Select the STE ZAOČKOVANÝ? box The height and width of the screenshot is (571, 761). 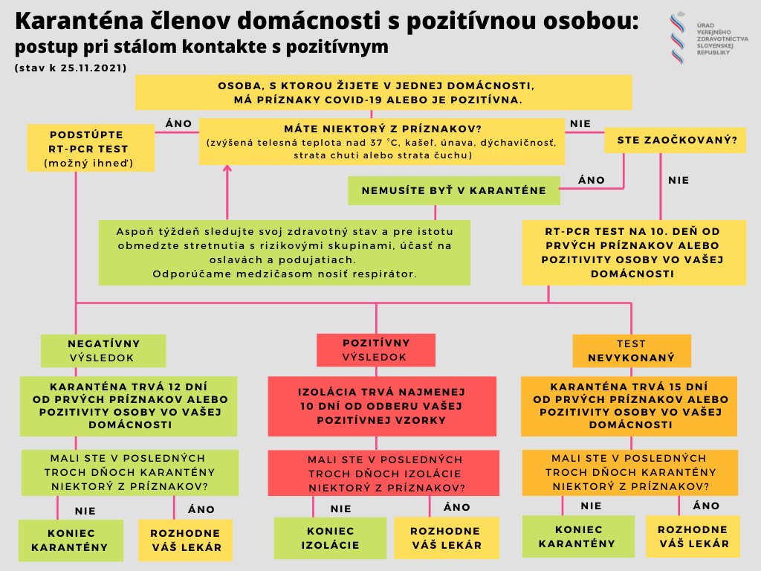tap(675, 140)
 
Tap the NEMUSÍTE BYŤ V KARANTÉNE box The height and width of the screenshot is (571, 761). tap(453, 191)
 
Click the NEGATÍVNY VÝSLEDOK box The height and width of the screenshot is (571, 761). tap(103, 351)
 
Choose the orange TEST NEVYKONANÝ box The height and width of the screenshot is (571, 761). tap(631, 351)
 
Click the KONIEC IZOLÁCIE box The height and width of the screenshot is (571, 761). tap(330, 538)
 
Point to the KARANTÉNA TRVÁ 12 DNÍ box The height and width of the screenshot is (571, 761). tap(129, 406)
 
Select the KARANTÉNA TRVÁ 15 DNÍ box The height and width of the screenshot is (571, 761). tap(629, 406)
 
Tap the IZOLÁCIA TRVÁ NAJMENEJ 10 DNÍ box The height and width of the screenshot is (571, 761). tap(381, 406)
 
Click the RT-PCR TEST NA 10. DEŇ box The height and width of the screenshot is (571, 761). tap(633, 252)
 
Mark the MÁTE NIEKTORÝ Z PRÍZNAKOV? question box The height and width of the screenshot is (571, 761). tap(382, 141)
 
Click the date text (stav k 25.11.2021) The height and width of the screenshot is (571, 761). tap(70, 67)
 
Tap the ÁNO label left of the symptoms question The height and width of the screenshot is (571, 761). tap(178, 123)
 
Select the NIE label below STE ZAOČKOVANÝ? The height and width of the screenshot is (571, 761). tap(679, 180)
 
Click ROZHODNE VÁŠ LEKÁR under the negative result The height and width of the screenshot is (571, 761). tap(185, 540)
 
